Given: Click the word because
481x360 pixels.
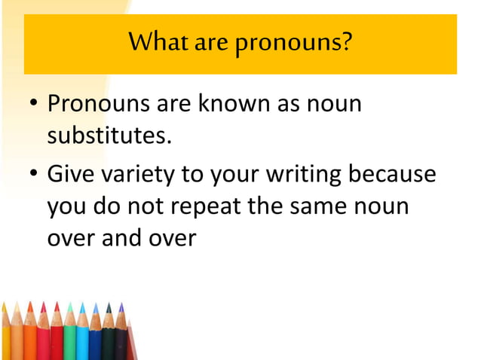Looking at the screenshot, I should coord(393,174).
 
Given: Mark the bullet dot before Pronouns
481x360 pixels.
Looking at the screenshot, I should coord(34,105).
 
